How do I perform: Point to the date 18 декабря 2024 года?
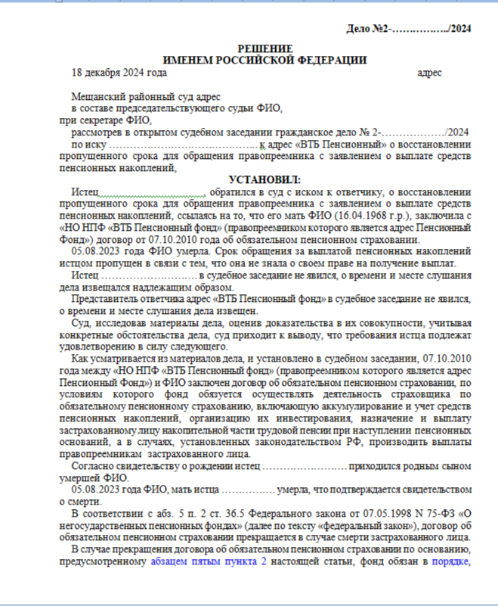coord(119,73)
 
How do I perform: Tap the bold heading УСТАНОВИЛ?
coord(261,179)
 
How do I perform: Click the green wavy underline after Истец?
coord(152,194)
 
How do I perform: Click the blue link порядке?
coord(449,562)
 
